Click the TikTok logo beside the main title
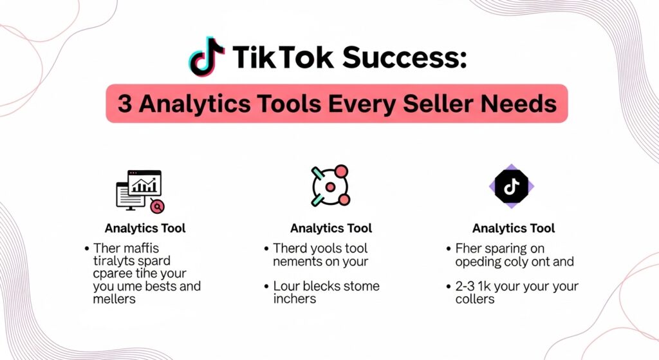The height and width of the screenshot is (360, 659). (207, 56)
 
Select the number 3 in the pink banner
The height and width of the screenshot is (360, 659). (125, 103)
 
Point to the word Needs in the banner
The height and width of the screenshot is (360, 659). (525, 103)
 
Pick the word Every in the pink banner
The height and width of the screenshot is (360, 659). (376, 103)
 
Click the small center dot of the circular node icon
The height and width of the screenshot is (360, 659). (330, 187)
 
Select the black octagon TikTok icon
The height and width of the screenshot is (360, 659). (511, 186)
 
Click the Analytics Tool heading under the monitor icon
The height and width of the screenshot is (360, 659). (145, 228)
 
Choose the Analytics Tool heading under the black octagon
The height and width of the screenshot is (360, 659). (513, 228)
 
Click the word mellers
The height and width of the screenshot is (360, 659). (115, 299)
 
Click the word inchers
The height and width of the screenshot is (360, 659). (295, 299)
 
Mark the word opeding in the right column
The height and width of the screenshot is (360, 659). (478, 261)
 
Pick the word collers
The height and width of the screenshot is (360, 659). (475, 299)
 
